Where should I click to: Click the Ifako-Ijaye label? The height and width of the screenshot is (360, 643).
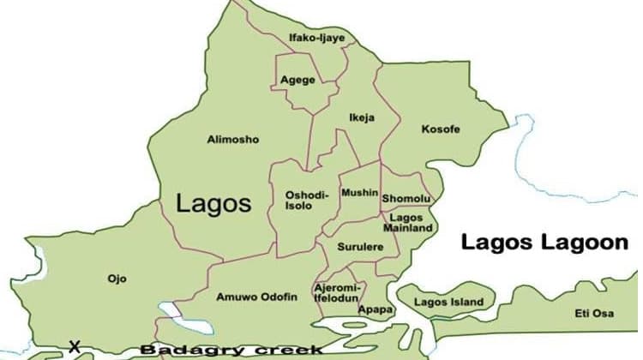[x=316, y=38]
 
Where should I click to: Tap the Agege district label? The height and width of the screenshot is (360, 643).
[x=297, y=81]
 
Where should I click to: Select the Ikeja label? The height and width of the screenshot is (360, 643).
[x=362, y=117]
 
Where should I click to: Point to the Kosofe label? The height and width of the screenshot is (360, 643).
[x=441, y=129]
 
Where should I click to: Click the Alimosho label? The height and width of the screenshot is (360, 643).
[x=232, y=139]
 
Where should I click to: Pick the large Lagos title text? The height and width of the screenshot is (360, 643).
[x=213, y=203]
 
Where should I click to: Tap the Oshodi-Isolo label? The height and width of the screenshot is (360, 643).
[x=306, y=201]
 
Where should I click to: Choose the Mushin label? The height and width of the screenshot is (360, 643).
[x=359, y=193]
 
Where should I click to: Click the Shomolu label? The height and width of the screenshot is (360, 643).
[x=406, y=199]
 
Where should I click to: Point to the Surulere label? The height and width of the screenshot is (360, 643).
[x=360, y=247]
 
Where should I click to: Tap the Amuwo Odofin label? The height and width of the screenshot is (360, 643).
[x=257, y=297]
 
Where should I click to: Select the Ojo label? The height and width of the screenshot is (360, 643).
[x=117, y=279]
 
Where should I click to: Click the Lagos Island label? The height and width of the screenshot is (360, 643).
[x=448, y=302]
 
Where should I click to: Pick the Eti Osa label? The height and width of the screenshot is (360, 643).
[x=594, y=314]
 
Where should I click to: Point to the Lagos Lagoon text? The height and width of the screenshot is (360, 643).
[x=544, y=243]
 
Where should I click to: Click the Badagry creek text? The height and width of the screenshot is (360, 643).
[x=231, y=350]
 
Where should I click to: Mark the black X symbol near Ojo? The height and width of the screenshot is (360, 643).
[x=75, y=347]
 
